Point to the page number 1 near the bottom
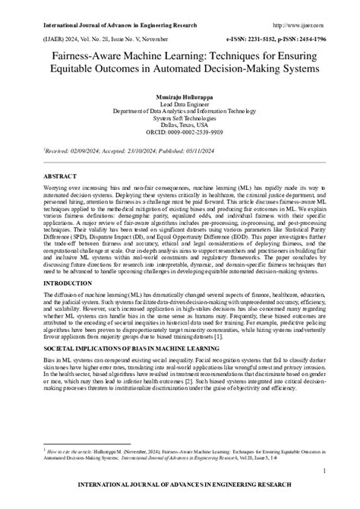(324, 472)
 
